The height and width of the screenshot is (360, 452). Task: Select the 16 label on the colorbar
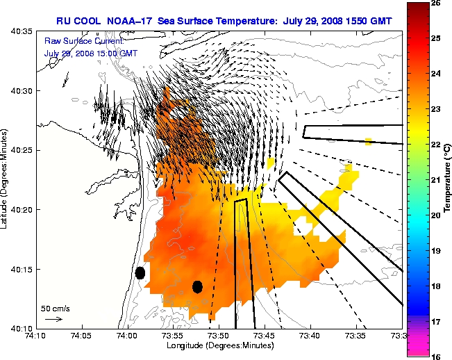click(x=437, y=355)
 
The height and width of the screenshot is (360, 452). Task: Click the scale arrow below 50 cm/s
click(x=53, y=319)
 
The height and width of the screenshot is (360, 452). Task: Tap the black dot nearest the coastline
click(x=140, y=273)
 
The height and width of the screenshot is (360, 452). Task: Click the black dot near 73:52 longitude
click(x=197, y=286)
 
